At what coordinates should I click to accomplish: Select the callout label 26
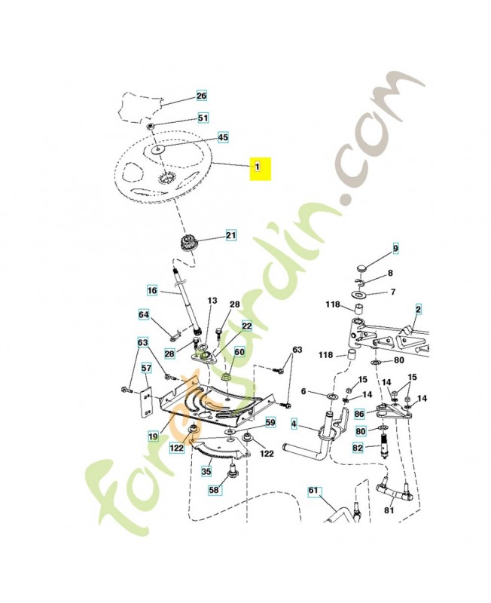click(x=201, y=96)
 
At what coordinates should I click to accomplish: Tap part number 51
click(x=203, y=118)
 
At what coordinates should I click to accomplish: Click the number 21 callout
click(x=230, y=236)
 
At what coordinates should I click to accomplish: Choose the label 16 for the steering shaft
click(x=151, y=290)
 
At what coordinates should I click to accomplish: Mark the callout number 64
click(x=144, y=314)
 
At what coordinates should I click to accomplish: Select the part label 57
click(x=146, y=369)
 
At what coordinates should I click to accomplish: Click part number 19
click(x=153, y=436)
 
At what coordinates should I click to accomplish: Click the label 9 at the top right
click(x=395, y=249)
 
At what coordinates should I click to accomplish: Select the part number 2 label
click(x=418, y=308)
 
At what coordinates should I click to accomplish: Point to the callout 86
click(x=359, y=414)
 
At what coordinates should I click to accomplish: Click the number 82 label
click(x=359, y=448)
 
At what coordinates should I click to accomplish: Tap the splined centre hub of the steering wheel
click(x=166, y=180)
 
